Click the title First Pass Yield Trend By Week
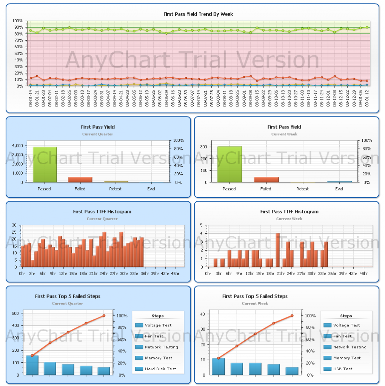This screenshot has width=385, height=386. pos(198,14)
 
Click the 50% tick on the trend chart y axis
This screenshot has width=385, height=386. pos(18,54)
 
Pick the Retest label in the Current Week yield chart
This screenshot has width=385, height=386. pos(302,189)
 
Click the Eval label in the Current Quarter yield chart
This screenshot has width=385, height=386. pos(151,189)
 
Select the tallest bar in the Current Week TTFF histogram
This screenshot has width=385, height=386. pos(277,250)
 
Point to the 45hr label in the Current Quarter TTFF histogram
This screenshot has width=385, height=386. pos(175,273)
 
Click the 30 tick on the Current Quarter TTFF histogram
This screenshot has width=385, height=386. pos(14,225)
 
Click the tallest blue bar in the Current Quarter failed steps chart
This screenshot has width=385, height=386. pos(32,365)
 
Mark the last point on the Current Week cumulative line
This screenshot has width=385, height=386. pos(291,316)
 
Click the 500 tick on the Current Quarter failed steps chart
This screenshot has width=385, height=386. pos(15,313)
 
